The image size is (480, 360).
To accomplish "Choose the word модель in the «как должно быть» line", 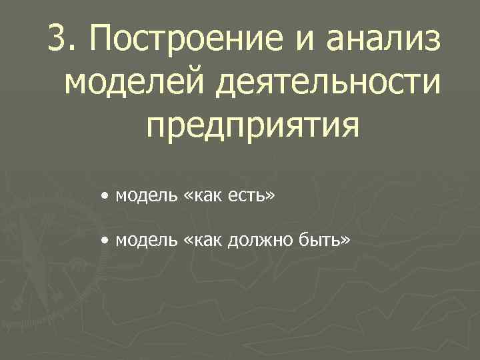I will pyautogui.click(x=145, y=239).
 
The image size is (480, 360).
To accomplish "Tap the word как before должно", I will pyautogui.click(x=205, y=239).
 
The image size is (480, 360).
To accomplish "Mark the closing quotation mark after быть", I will pyautogui.click(x=345, y=240).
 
